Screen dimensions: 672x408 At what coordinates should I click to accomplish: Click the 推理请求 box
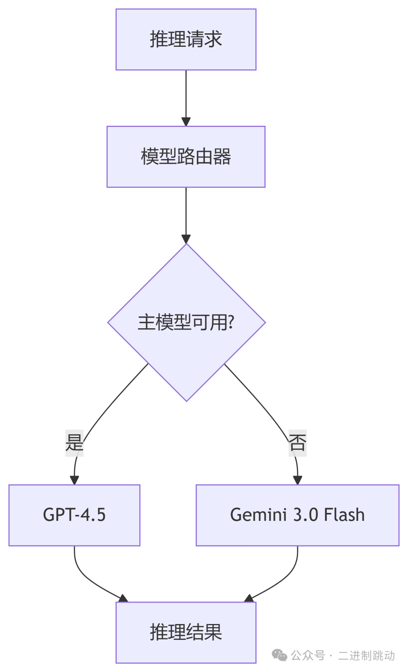coord(186,40)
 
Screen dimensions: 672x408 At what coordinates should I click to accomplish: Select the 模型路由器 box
coord(186,157)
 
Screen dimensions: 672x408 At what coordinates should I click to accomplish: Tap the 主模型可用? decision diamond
coord(186,322)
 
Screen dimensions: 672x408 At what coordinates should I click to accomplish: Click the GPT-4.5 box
coord(74,515)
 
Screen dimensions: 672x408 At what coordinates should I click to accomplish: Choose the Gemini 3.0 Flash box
coord(297,515)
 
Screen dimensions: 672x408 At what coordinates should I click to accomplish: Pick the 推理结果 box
coord(186,632)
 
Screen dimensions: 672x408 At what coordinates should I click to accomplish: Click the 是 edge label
coord(74,443)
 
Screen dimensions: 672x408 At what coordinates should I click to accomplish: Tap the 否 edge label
coord(297,443)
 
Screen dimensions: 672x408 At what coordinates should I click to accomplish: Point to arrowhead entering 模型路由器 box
coord(186,122)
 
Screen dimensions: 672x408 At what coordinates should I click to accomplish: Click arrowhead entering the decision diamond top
coord(186,239)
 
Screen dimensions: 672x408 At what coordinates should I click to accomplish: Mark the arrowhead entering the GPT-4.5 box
coord(74,480)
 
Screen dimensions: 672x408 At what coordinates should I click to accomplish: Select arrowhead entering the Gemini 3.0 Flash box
coord(297,480)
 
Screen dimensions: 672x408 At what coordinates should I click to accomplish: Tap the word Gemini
coord(258,515)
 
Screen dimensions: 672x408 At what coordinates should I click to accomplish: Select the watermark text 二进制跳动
coord(366,655)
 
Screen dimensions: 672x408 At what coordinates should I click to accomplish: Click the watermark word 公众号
coord(308,655)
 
